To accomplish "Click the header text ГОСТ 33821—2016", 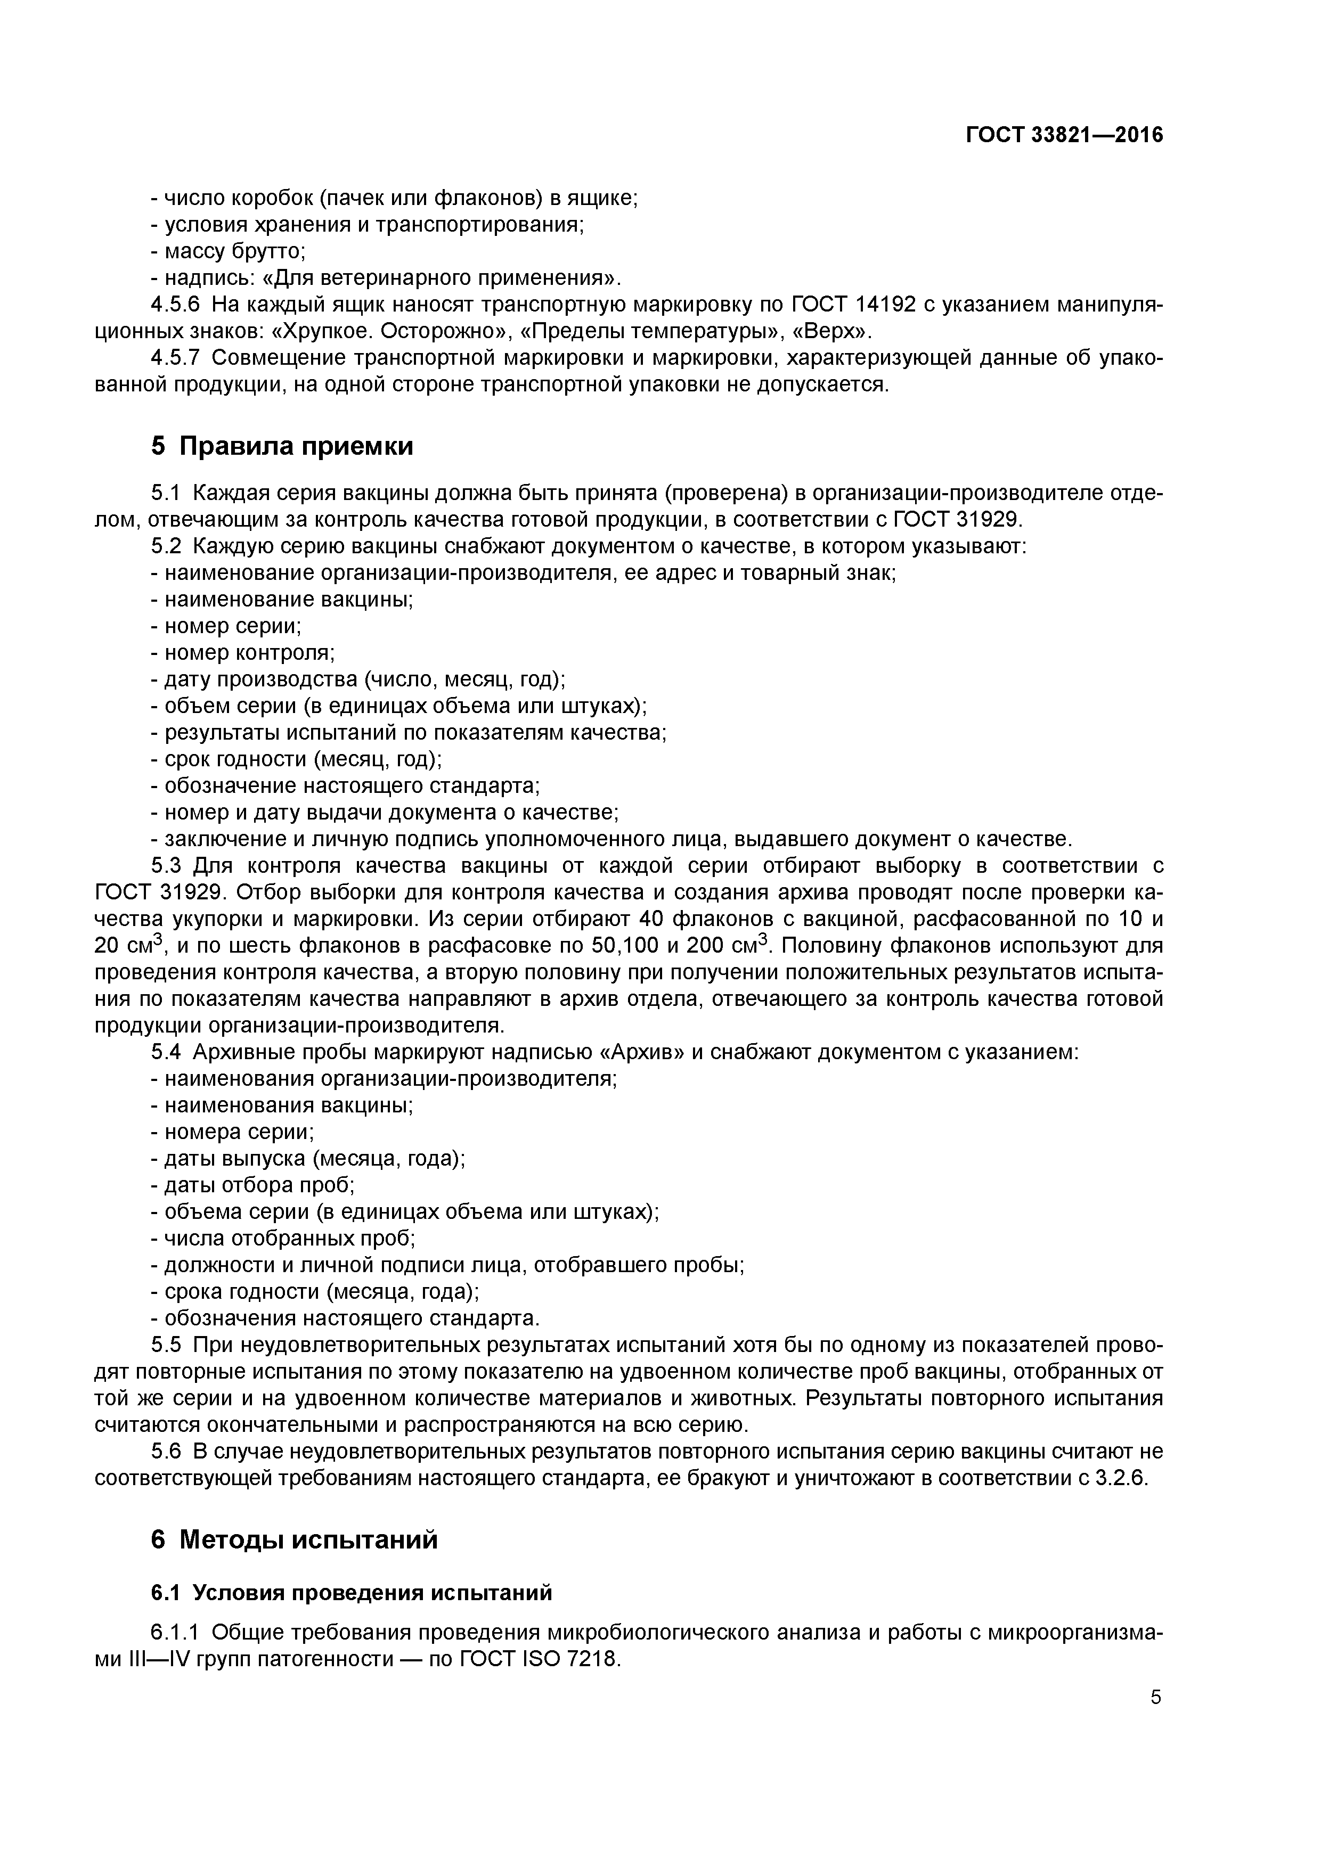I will [1064, 135].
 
